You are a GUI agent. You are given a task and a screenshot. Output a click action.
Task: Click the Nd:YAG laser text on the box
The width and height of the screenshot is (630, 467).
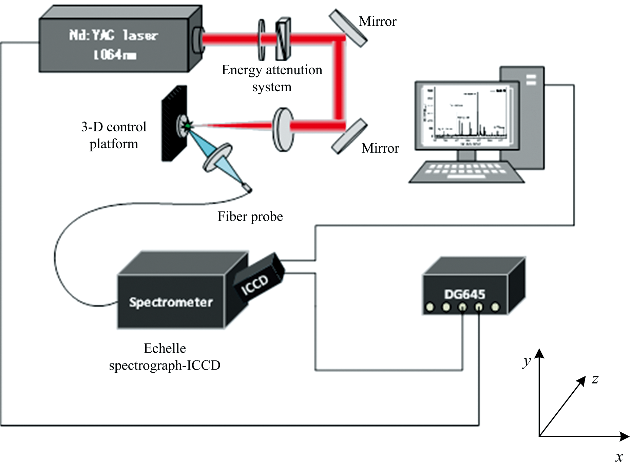coord(113,35)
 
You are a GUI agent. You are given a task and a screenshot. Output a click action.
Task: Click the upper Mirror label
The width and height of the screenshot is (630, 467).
coord(377,21)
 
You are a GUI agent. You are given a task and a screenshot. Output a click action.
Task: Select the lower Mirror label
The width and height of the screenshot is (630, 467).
coord(380,148)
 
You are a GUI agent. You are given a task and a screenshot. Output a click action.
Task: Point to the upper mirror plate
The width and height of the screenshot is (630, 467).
coord(348,28)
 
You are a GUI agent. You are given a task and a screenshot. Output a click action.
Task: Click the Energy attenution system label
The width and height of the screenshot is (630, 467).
coord(272,78)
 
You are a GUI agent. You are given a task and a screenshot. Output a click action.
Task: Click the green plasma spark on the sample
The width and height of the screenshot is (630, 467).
coord(187,126)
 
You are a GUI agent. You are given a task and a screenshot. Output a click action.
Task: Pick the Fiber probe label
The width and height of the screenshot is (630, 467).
coord(250,217)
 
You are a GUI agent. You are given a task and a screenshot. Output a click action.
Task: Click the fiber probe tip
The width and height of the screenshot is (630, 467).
coord(247,188)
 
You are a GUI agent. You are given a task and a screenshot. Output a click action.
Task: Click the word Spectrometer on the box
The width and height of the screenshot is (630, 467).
coord(171,302)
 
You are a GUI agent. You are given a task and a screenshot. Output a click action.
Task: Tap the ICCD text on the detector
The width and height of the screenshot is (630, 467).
coord(254,284)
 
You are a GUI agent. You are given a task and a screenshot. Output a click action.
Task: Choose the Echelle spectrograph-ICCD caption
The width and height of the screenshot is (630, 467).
coord(165,357)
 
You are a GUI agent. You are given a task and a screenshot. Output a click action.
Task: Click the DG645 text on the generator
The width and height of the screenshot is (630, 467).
coord(464,294)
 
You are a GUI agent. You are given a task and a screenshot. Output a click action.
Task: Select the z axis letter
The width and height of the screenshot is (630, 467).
coord(595,379)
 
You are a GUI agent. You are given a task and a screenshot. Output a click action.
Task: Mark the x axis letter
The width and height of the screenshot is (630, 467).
coord(619,457)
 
